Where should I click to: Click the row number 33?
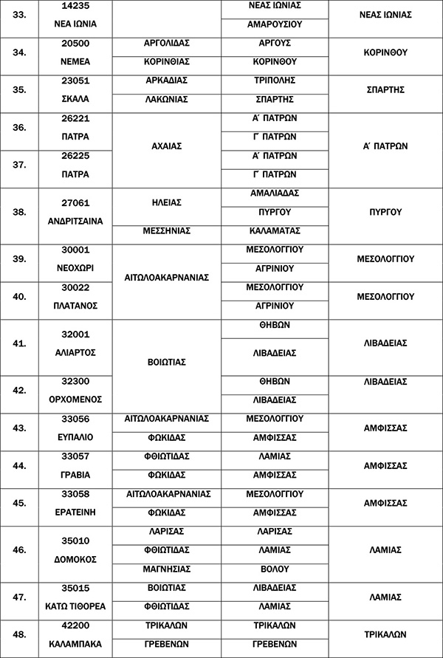pos(20,15)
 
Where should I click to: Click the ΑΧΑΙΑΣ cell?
pos(167,146)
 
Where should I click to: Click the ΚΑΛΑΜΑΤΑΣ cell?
pos(274,230)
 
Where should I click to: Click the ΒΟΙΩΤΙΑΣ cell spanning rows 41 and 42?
pos(167,363)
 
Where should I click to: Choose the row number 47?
pos(20,597)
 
